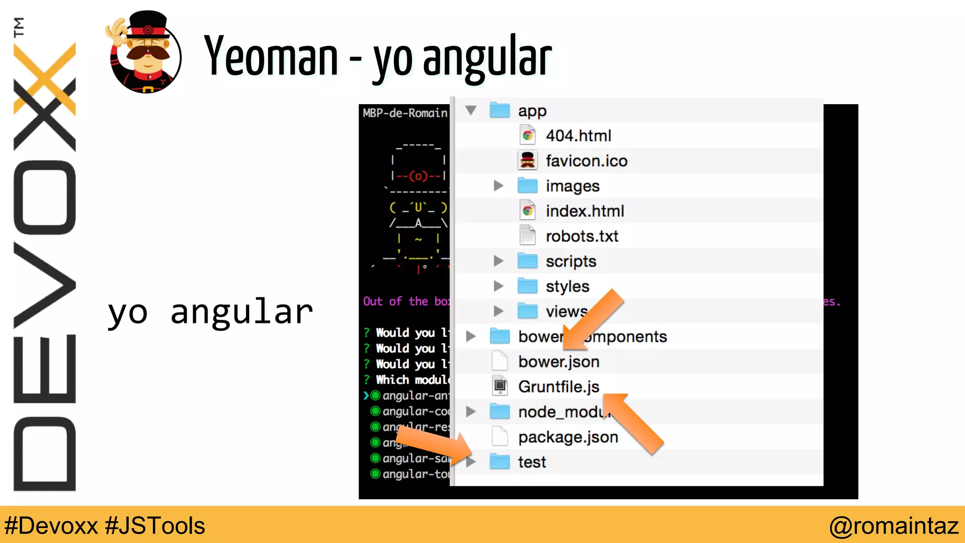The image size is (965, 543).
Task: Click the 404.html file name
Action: click(578, 136)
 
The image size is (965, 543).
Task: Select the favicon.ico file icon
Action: click(527, 161)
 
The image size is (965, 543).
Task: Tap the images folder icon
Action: click(527, 186)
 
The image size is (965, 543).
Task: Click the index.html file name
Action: click(585, 211)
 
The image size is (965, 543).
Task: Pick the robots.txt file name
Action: click(582, 236)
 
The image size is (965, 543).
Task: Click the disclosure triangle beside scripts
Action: click(498, 261)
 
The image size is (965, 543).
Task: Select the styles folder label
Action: click(567, 287)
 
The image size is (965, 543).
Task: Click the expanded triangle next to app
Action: click(471, 111)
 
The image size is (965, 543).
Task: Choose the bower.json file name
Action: click(559, 362)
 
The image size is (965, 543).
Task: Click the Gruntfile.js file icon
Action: click(500, 387)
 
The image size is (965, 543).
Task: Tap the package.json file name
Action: click(568, 437)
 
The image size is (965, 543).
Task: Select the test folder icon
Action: click(499, 462)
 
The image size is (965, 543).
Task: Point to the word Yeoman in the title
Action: click(271, 57)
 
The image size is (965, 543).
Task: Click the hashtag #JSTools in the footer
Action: click(155, 526)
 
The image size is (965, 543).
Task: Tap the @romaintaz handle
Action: click(894, 526)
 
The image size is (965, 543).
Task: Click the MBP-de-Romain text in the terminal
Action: click(405, 113)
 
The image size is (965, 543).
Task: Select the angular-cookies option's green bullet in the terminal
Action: click(376, 411)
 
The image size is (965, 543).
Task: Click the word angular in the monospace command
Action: click(242, 312)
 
